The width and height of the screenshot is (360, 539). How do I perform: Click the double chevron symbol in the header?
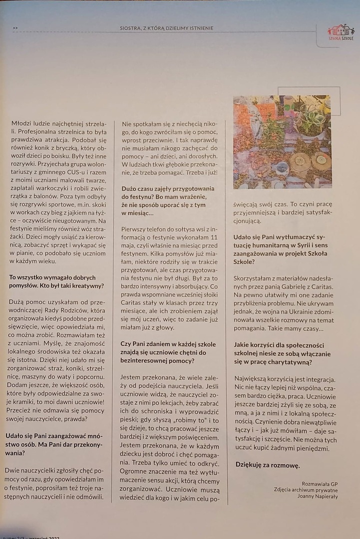(x=15, y=28)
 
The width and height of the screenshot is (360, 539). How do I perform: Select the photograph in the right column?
(x=282, y=142)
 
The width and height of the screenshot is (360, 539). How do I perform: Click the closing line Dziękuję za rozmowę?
(x=267, y=465)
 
